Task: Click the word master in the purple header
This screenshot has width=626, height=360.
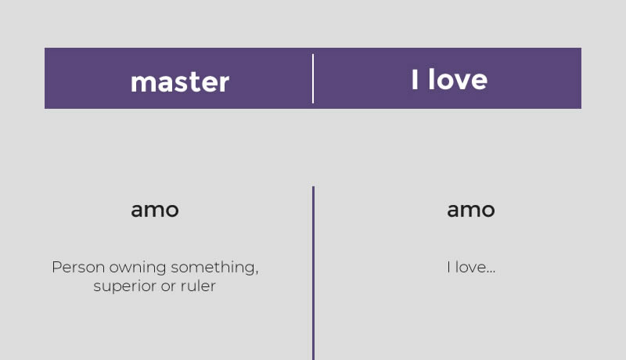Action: (x=180, y=82)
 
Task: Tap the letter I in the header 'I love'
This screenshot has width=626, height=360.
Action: (x=415, y=79)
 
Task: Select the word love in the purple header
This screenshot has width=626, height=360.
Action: (x=458, y=79)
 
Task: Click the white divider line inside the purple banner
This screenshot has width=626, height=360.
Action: (x=313, y=78)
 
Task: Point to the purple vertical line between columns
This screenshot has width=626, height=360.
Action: (x=314, y=273)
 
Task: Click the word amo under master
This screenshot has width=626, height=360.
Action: (x=155, y=210)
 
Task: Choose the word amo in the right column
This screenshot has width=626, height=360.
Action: (x=471, y=210)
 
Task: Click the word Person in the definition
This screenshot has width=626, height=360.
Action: (x=78, y=267)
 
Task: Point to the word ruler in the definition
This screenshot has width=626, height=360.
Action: (x=198, y=286)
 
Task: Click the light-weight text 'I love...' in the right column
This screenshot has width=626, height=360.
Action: (x=471, y=267)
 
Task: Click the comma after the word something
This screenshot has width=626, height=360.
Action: (x=257, y=273)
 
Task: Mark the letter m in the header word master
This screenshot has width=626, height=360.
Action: (x=142, y=83)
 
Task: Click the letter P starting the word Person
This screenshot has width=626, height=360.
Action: (x=56, y=267)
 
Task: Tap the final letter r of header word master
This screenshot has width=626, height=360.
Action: (x=225, y=83)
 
